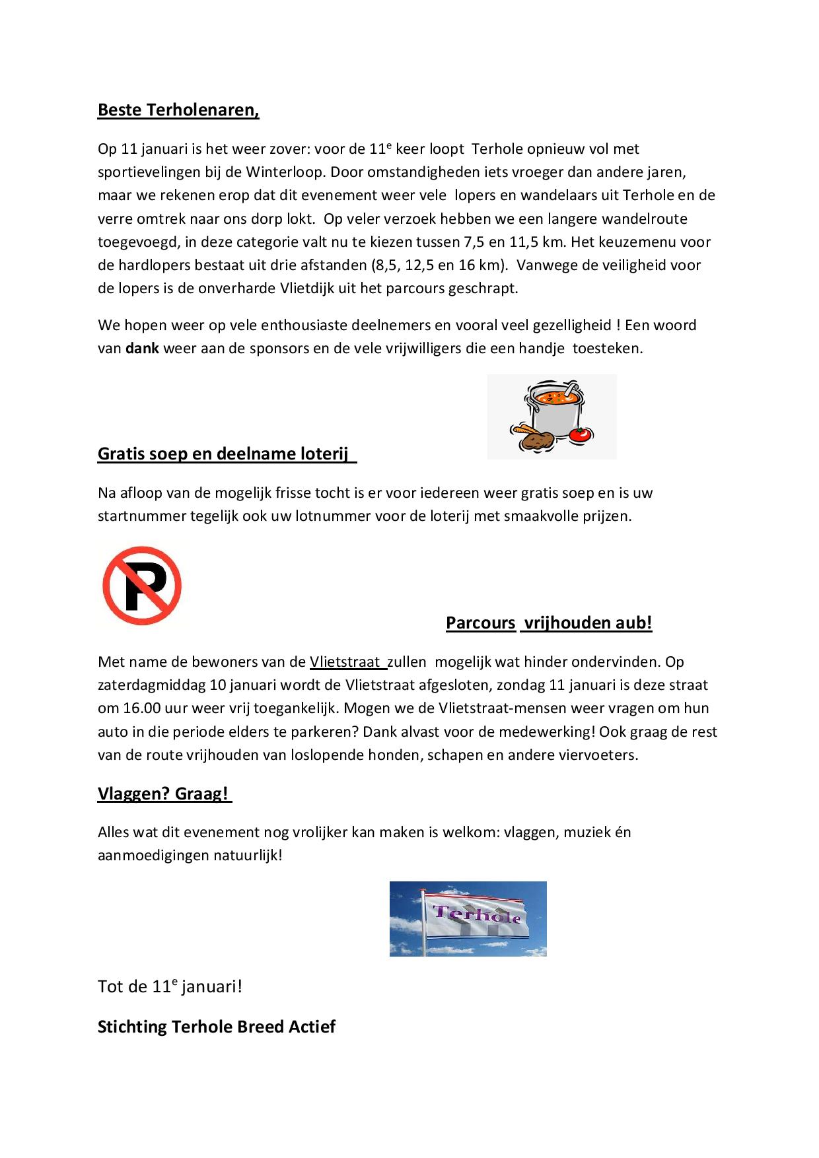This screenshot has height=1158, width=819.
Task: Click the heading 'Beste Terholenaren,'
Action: (x=178, y=110)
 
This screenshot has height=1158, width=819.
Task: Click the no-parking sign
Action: (x=142, y=585)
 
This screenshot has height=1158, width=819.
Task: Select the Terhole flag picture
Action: (x=468, y=918)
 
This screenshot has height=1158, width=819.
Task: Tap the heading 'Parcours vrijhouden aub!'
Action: (x=549, y=623)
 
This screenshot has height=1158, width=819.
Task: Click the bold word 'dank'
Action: (x=142, y=348)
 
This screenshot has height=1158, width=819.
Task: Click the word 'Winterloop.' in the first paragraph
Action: (x=286, y=172)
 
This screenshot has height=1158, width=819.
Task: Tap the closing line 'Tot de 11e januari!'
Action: (x=170, y=986)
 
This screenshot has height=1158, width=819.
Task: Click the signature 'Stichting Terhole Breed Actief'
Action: (x=217, y=1027)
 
